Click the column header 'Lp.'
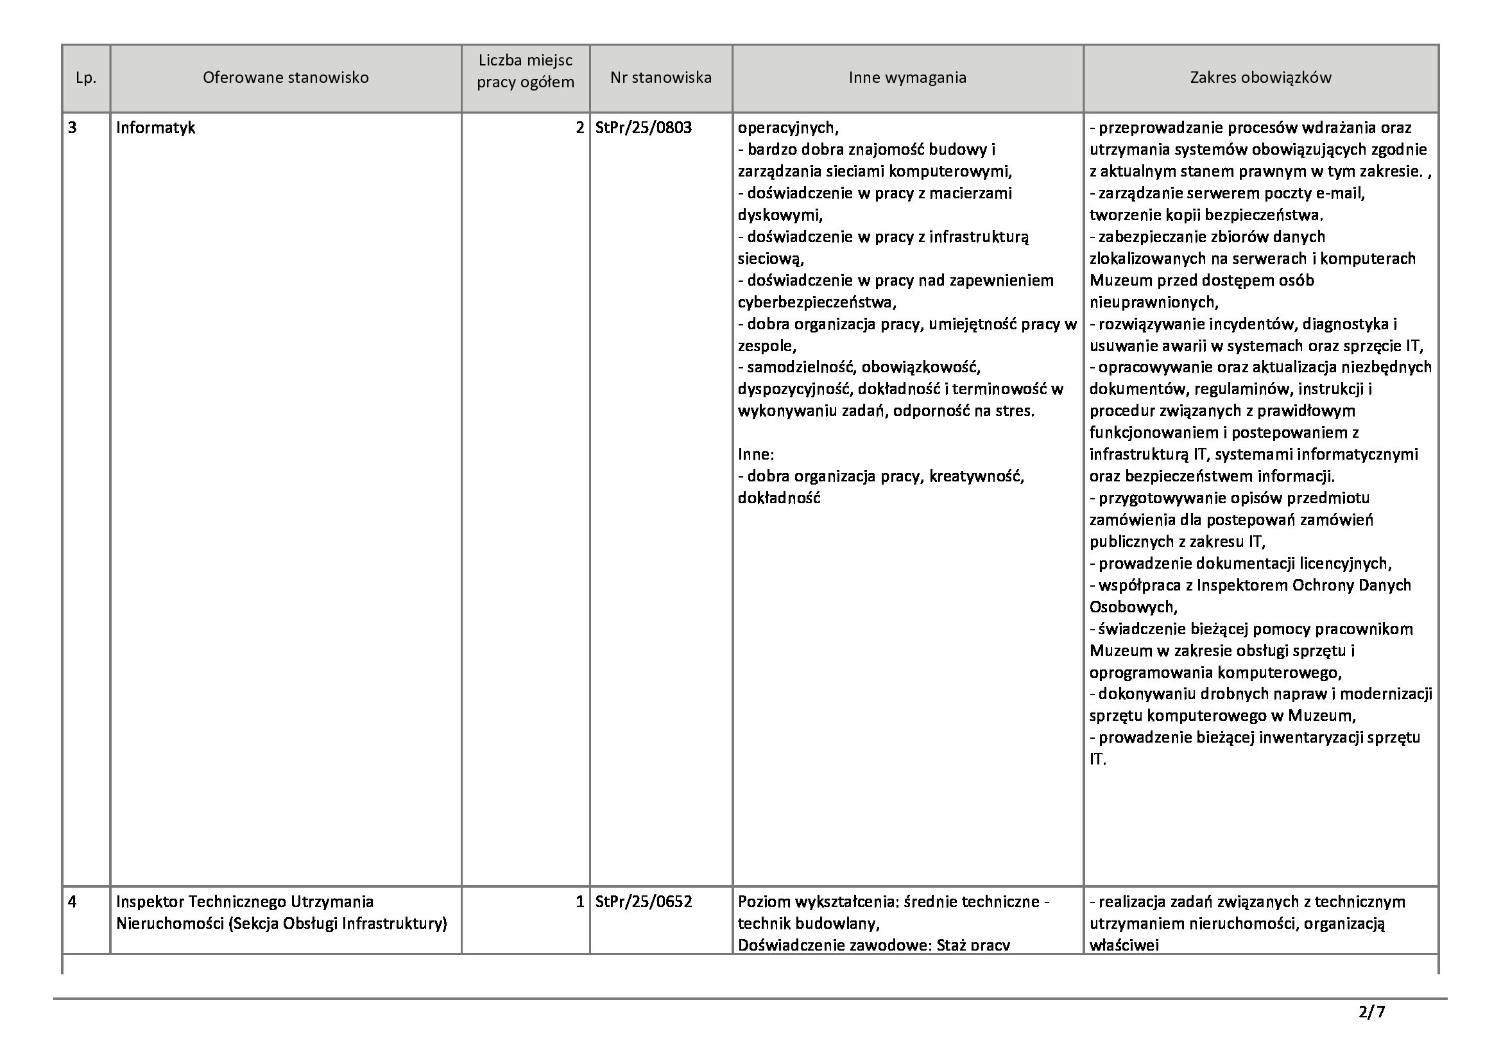point(85,78)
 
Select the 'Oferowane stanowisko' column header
point(286,78)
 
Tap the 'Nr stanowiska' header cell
point(660,78)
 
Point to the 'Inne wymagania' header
point(907,78)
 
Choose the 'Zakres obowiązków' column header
point(1260,78)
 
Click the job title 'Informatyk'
point(155,128)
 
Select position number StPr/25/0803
point(643,128)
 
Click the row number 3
point(72,128)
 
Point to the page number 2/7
point(1371,1013)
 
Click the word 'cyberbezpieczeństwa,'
point(817,302)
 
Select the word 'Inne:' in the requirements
point(756,454)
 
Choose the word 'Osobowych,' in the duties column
point(1133,607)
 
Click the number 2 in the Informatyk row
point(579,128)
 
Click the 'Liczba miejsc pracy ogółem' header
point(526,71)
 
